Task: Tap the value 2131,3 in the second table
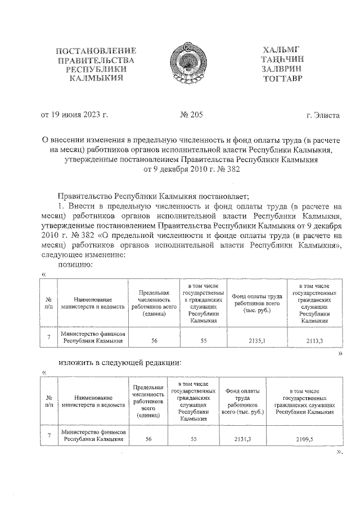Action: coord(243,438)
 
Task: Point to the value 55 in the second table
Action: coord(193,438)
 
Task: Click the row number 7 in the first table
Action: coord(49,336)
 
